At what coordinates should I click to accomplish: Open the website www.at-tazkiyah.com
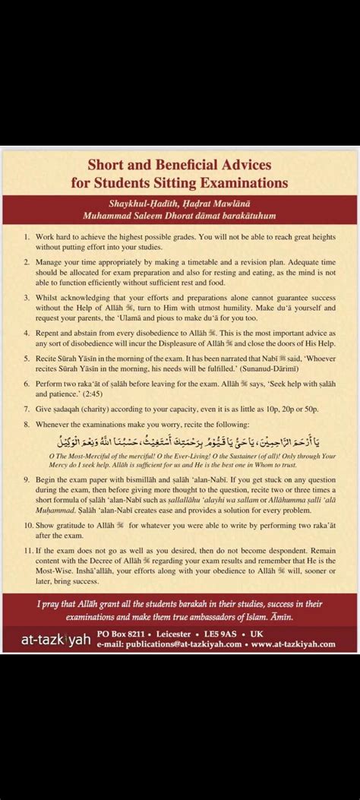[x=293, y=643]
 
